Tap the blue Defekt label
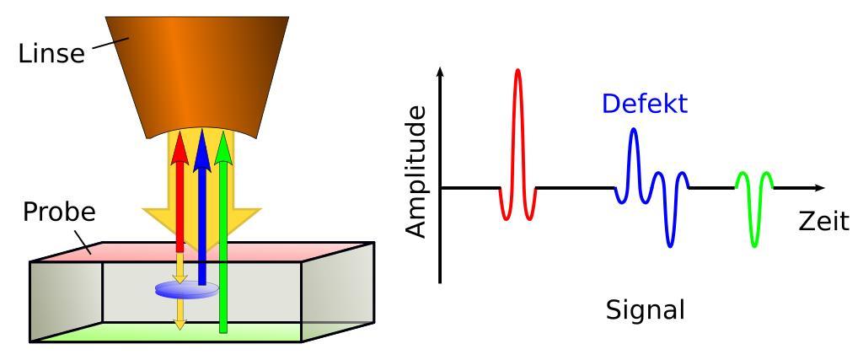[x=645, y=105]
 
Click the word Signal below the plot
[x=646, y=309]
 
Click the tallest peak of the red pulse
[x=517, y=72]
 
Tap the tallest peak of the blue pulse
[x=633, y=130]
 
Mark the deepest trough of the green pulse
[x=753, y=245]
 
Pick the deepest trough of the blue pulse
[x=669, y=245]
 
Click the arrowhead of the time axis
[x=819, y=186]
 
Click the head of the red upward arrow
[x=179, y=146]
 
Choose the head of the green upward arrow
[x=223, y=146]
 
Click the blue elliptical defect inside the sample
[x=187, y=289]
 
